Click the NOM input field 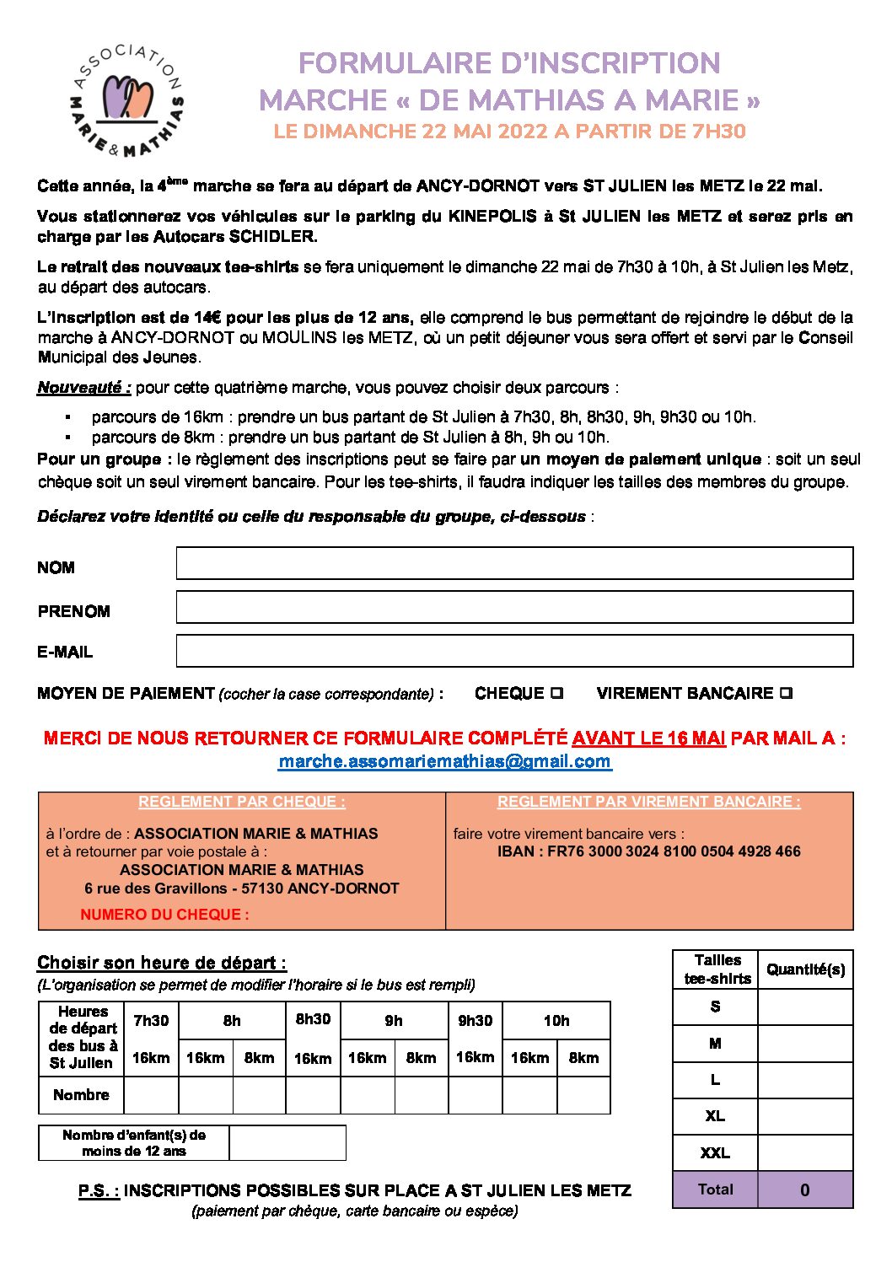(x=514, y=563)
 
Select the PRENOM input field (x=514, y=607)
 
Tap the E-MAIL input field (x=514, y=651)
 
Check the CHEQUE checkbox (x=557, y=693)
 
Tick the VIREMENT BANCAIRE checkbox (x=786, y=693)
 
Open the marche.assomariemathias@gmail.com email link (x=444, y=761)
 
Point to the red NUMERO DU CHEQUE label (x=164, y=914)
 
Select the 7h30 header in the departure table (x=151, y=1021)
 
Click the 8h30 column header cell (x=313, y=1019)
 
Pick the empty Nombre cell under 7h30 (x=151, y=1095)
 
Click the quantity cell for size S (x=805, y=1007)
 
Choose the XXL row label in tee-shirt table (x=715, y=1152)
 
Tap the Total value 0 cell (x=805, y=1190)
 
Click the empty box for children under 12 (x=287, y=1142)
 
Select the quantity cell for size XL (x=805, y=1116)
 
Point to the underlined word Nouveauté (x=83, y=388)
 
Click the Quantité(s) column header (x=805, y=969)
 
